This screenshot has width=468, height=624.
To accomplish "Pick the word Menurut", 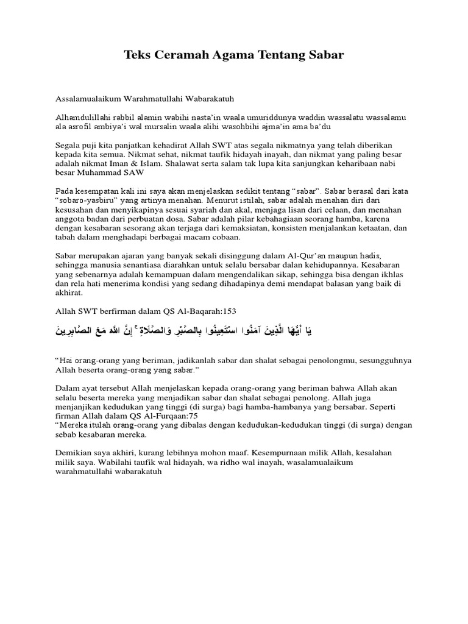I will click(222, 200).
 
